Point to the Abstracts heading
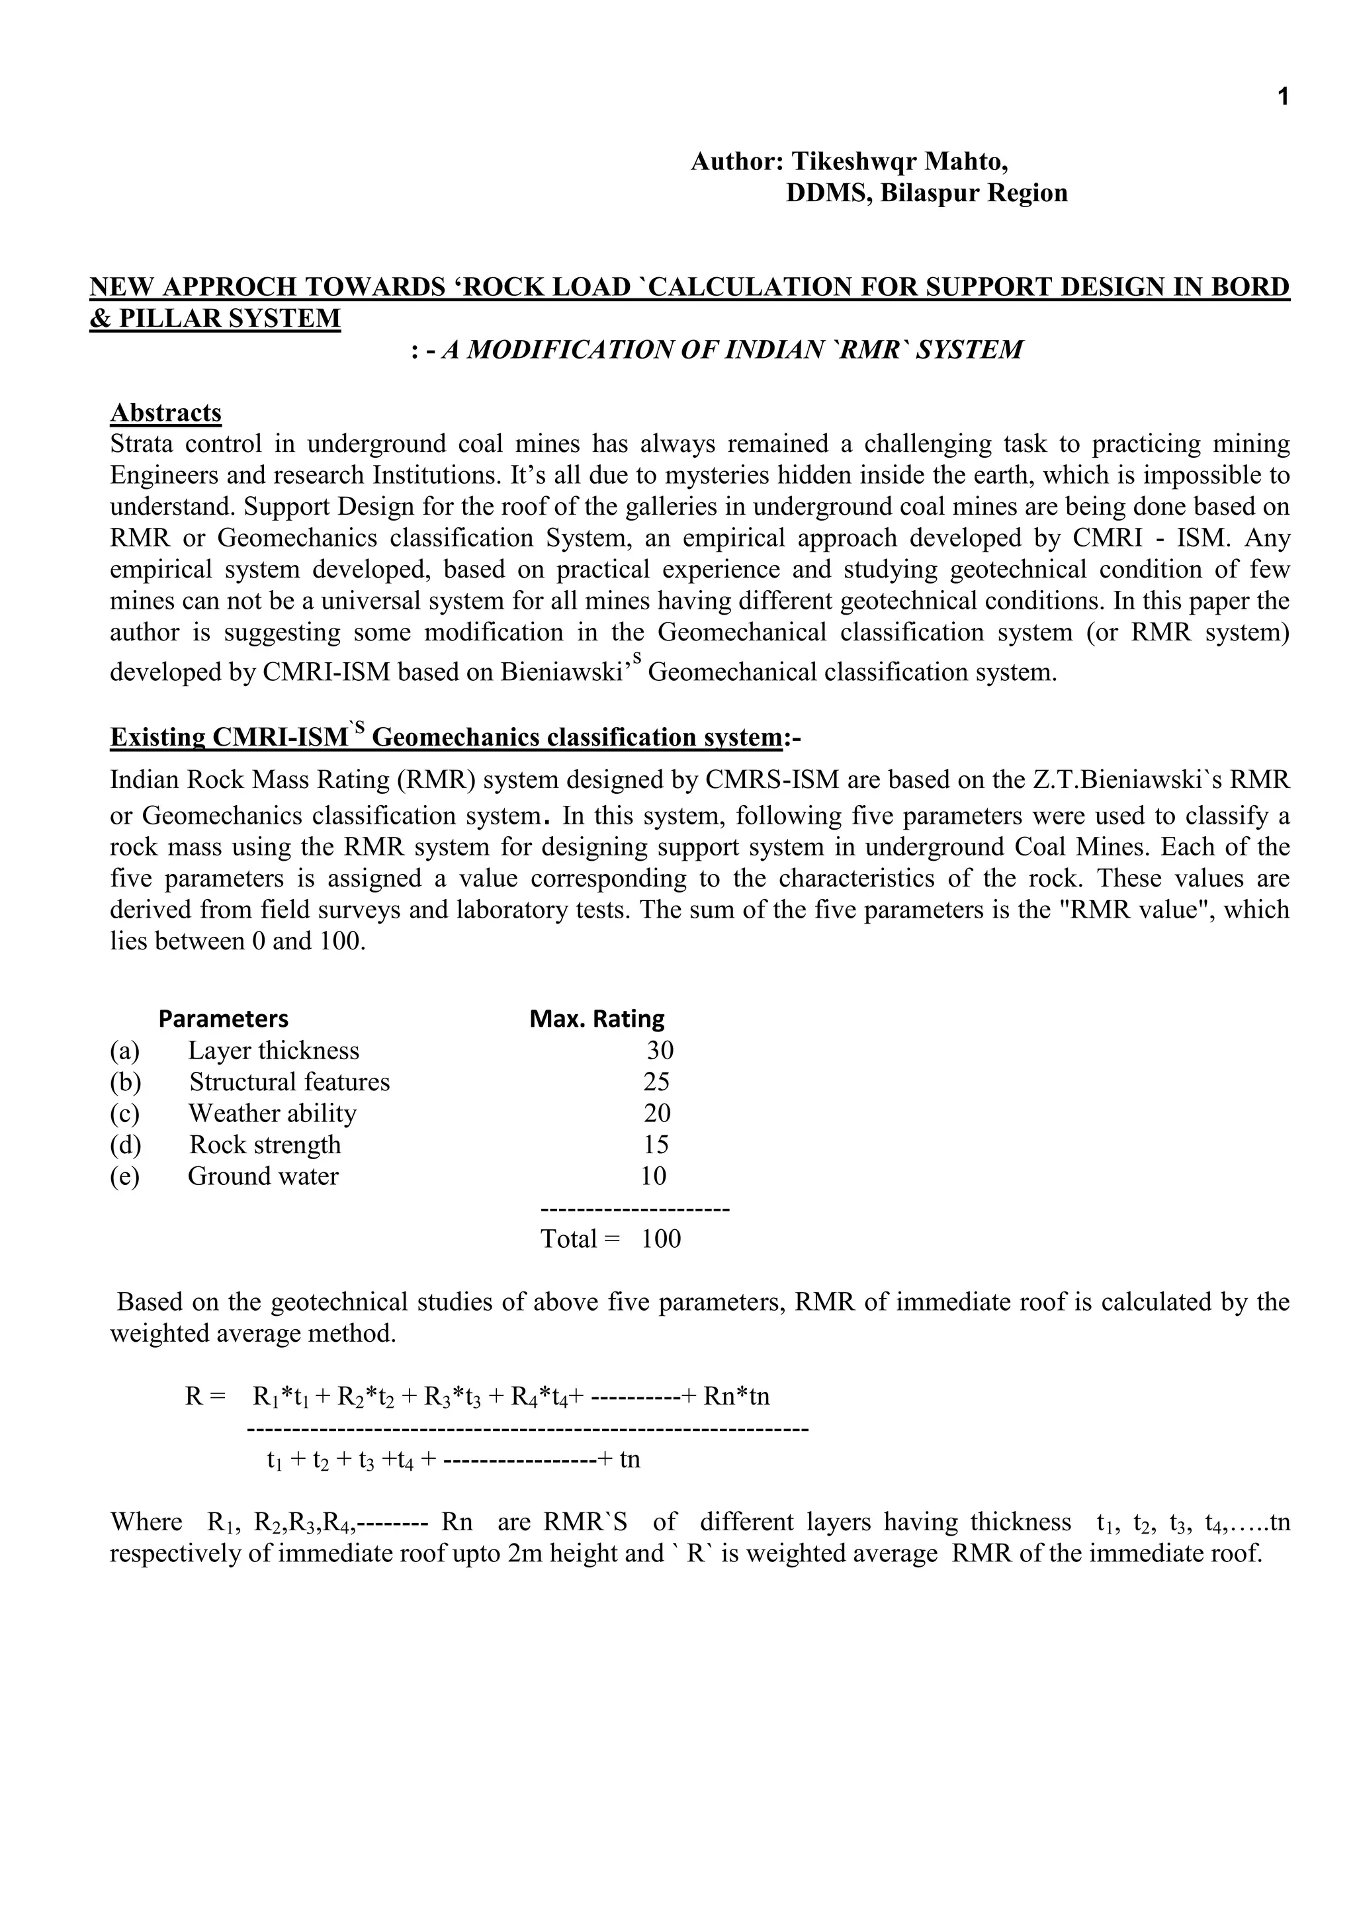(x=166, y=412)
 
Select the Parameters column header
(x=223, y=1018)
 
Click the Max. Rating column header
(x=597, y=1018)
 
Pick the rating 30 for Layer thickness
(x=660, y=1050)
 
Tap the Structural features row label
(x=288, y=1082)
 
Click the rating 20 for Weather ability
(x=656, y=1113)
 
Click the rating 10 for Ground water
(x=653, y=1176)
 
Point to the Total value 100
(x=661, y=1239)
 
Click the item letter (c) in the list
(x=125, y=1113)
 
